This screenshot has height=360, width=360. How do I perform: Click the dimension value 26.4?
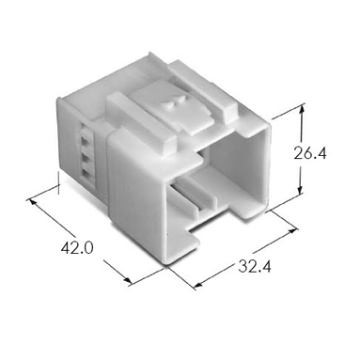coord(310,154)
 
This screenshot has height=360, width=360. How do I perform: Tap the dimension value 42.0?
coord(77,248)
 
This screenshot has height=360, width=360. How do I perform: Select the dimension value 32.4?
coord(255,266)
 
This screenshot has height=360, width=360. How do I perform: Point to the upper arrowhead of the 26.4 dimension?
coord(302,110)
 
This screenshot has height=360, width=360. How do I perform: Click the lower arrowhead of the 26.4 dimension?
coord(301,190)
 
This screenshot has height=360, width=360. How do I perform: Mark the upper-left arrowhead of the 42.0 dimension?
coord(33,202)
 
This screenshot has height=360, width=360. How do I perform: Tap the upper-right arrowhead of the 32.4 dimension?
coord(291,231)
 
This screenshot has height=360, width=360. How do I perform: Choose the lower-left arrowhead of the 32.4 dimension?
coord(198,285)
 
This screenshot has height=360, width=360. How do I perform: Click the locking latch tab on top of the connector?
coord(172,107)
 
